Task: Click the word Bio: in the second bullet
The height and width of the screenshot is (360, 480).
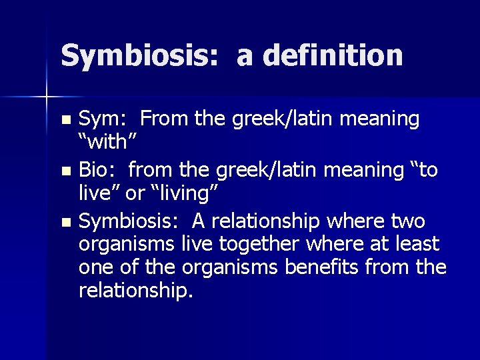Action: [x=97, y=171]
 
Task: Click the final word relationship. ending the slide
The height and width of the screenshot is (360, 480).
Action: [x=135, y=291]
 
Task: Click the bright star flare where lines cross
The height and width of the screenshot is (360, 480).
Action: [x=46, y=97]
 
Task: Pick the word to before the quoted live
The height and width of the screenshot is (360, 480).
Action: [x=427, y=170]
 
